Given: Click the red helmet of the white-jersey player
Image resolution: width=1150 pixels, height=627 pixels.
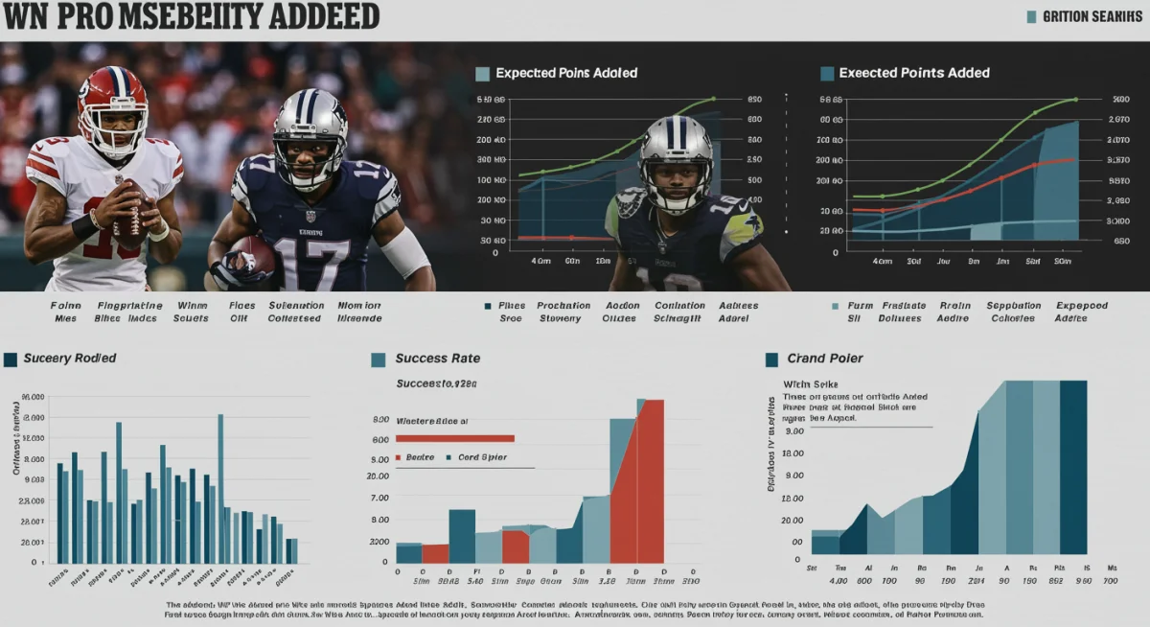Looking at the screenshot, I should click(x=112, y=104).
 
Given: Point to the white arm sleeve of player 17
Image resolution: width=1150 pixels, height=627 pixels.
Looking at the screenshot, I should click(x=405, y=252).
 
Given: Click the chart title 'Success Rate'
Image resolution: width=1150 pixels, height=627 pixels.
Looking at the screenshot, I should click(x=438, y=359).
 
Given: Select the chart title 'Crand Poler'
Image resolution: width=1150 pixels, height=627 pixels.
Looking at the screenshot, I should click(x=824, y=359).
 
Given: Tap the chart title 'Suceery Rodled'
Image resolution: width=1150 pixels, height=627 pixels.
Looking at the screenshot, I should click(x=70, y=359).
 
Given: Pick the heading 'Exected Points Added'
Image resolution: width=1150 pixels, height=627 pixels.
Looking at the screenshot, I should click(x=913, y=73).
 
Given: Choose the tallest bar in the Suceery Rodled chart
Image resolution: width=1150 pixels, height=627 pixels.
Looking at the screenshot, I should click(x=220, y=488).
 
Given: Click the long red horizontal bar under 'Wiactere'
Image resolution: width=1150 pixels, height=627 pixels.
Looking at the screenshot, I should click(x=455, y=438).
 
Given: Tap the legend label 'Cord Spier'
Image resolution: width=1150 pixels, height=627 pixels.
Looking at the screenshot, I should click(x=482, y=457).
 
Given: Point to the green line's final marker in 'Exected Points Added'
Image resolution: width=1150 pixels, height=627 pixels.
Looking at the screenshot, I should click(x=1076, y=99).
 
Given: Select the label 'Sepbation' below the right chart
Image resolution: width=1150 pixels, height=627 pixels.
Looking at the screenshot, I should click(x=1015, y=306).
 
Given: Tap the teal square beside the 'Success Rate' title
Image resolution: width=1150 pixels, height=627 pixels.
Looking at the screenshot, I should click(x=379, y=360).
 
